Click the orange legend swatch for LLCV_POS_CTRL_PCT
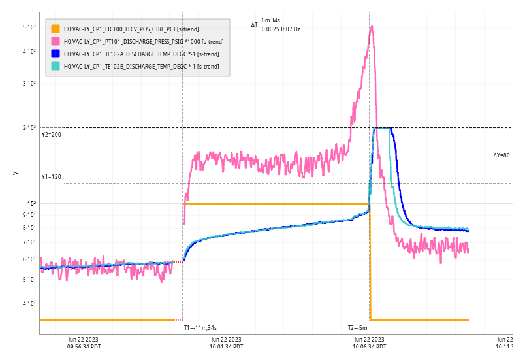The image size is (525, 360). point(56,29)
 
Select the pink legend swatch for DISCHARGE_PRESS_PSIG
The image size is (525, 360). point(56,41)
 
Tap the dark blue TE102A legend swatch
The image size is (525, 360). point(56,54)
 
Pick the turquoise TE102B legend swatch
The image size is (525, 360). point(56,66)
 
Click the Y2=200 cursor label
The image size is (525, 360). point(51,135)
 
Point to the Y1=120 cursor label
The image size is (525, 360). point(51,177)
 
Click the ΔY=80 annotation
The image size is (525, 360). point(501,155)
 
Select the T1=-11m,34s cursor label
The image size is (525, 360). point(200,328)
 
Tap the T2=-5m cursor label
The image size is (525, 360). point(357,328)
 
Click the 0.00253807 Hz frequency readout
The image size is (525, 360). point(281,29)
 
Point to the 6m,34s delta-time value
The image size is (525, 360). point(270,21)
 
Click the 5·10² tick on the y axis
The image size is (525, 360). point(29,27)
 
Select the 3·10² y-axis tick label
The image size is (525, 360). point(29,84)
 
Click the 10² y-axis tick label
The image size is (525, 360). point(31,203)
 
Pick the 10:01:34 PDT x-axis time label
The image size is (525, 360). point(226,343)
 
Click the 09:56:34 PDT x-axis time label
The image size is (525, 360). point(84,343)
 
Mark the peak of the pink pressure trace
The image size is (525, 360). point(372,27)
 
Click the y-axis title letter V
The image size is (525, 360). point(16,174)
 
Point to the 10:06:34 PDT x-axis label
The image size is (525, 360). point(370,343)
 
